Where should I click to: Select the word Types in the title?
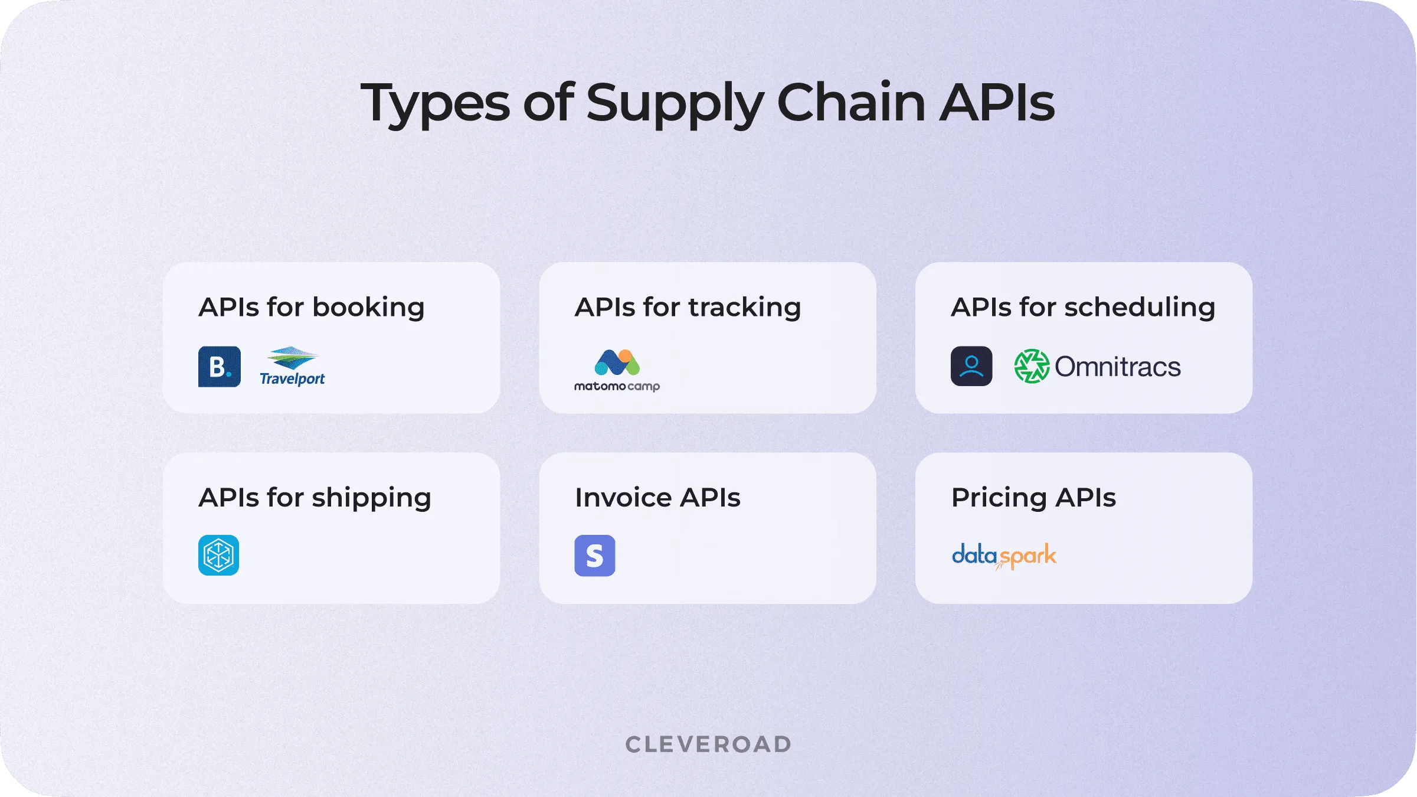(x=435, y=103)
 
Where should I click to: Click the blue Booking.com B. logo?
(x=219, y=367)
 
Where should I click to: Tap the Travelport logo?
(x=293, y=367)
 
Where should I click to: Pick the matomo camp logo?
(x=617, y=370)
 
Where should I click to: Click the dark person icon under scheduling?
(x=971, y=366)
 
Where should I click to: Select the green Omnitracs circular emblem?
(x=1031, y=366)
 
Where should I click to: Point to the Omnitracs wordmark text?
(x=1117, y=367)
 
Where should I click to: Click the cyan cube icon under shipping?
(x=218, y=555)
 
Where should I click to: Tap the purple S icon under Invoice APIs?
(x=594, y=556)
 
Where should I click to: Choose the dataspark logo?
(x=1004, y=556)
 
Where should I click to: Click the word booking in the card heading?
(x=368, y=308)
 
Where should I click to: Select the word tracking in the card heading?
(x=744, y=308)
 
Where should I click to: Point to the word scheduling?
(x=1140, y=308)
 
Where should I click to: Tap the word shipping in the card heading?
(x=371, y=498)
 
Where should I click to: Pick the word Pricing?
(x=999, y=498)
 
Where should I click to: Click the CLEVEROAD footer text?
(x=708, y=744)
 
